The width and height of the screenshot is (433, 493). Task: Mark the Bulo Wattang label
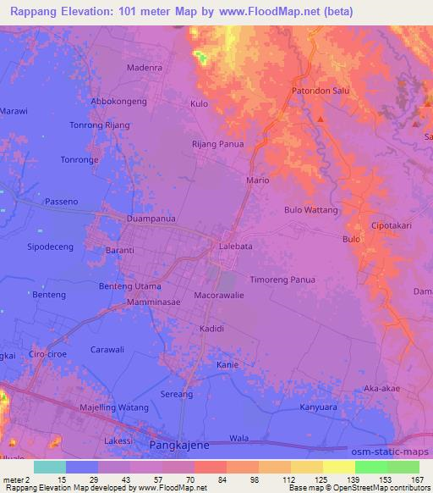310,209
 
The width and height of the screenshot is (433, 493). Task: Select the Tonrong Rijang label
99,125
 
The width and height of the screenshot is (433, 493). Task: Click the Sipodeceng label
51,246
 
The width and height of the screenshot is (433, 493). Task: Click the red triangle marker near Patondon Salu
321,118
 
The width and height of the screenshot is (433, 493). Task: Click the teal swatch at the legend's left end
49,468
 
